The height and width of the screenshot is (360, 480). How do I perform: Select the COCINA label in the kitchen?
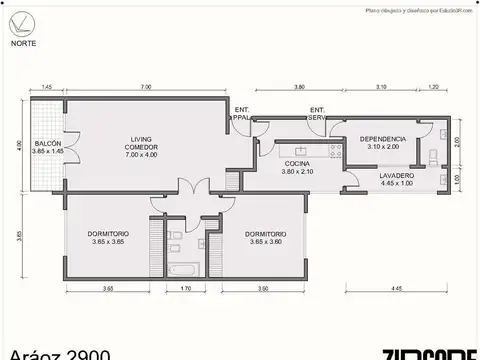click(x=297, y=163)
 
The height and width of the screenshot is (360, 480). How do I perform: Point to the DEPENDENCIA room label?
click(x=382, y=138)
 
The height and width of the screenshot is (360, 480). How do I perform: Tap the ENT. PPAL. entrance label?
click(x=242, y=113)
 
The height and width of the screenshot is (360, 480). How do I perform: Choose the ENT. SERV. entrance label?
click(x=318, y=113)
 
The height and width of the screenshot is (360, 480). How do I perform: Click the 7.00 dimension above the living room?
click(x=146, y=88)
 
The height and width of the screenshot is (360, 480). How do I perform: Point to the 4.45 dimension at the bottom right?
click(x=396, y=288)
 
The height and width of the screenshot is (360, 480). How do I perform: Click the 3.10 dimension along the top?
click(x=381, y=88)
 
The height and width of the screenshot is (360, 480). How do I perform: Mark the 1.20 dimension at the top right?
click(x=433, y=88)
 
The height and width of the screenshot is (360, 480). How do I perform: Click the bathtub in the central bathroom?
click(x=183, y=270)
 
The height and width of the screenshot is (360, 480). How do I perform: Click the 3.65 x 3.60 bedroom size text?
click(x=266, y=241)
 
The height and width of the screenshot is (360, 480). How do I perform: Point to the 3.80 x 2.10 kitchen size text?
click(x=297, y=171)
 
